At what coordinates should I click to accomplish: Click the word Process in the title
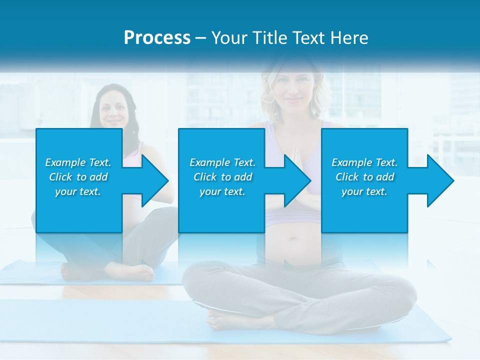tap(157, 38)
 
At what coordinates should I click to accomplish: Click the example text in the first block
tap(78, 177)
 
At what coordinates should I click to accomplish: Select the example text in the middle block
tap(222, 177)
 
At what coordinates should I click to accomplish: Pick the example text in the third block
tap(364, 177)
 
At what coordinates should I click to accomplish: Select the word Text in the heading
tap(309, 38)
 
